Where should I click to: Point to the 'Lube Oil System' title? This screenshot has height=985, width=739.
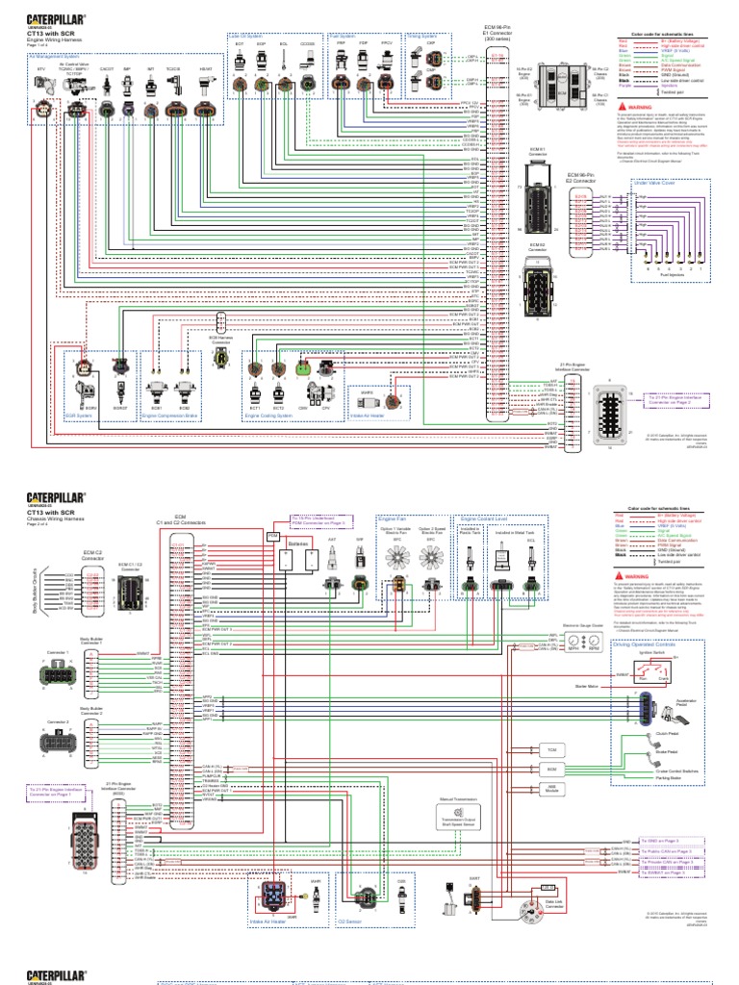tap(247, 37)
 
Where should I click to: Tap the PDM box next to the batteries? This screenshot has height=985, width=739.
tap(272, 534)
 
